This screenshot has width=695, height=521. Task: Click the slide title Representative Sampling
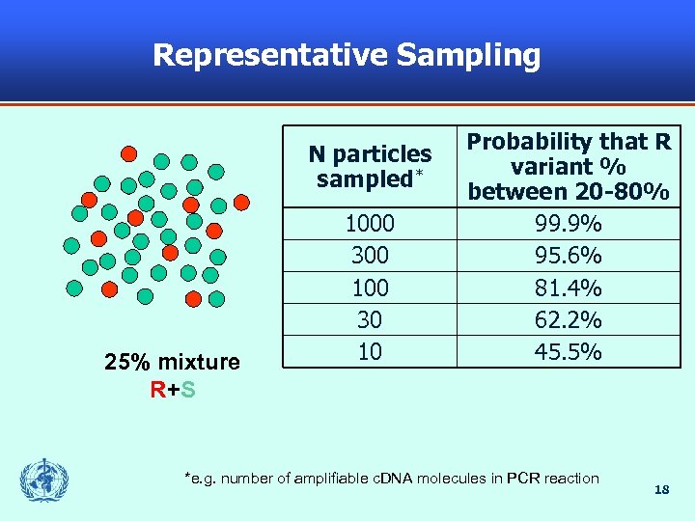tap(347, 55)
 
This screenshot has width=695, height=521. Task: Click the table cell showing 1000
tap(370, 224)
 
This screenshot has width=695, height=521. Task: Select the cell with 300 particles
tap(370, 256)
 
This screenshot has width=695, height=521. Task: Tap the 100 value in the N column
tap(370, 288)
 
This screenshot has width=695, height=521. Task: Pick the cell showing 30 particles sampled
tap(370, 319)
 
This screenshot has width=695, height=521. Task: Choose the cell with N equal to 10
tap(370, 351)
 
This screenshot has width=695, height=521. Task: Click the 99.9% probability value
tap(569, 224)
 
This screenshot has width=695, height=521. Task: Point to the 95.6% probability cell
tap(569, 256)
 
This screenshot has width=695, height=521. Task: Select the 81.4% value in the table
tap(569, 288)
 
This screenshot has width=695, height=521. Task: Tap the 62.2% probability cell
tap(569, 319)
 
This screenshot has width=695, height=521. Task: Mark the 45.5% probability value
tap(569, 351)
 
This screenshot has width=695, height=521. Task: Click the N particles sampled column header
tap(370, 166)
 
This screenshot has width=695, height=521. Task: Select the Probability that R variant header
tap(569, 166)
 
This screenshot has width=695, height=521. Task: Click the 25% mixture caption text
tap(172, 363)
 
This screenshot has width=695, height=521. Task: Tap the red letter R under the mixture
tap(156, 390)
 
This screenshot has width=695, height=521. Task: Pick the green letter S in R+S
tap(188, 390)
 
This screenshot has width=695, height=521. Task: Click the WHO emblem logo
tap(44, 480)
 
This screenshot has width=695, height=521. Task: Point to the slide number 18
tap(661, 490)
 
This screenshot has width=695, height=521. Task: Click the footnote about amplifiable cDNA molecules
tap(391, 479)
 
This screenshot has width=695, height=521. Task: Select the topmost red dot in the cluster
tap(127, 152)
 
